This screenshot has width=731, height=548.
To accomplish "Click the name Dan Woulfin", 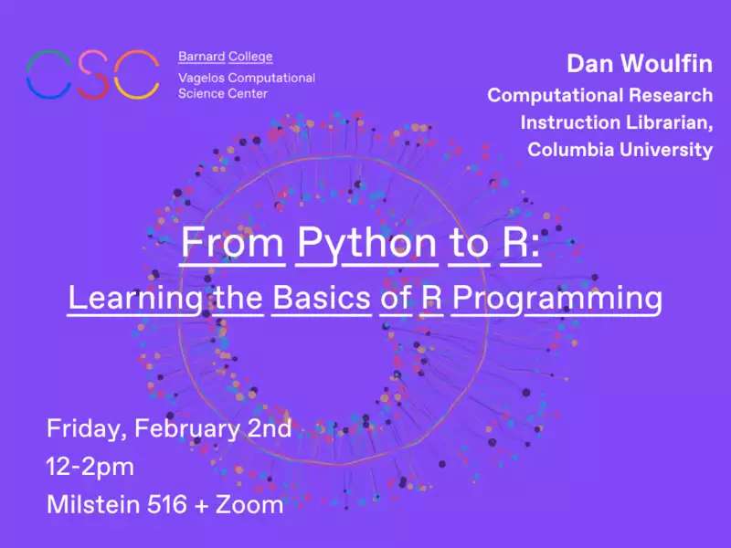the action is (640, 63).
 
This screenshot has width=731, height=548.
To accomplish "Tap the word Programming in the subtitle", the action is (557, 300).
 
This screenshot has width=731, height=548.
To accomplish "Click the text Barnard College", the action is (225, 57).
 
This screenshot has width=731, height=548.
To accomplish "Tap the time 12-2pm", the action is (90, 468).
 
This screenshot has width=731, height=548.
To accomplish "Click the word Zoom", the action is (249, 505).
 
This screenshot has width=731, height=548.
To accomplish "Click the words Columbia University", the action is (620, 150).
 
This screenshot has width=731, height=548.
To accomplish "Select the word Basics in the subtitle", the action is (322, 299).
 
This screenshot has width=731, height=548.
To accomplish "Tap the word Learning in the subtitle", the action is (135, 300).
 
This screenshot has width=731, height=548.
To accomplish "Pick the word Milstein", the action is (93, 505).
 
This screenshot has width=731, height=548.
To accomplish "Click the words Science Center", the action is (223, 94).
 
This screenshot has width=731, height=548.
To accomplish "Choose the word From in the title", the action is (232, 242).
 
